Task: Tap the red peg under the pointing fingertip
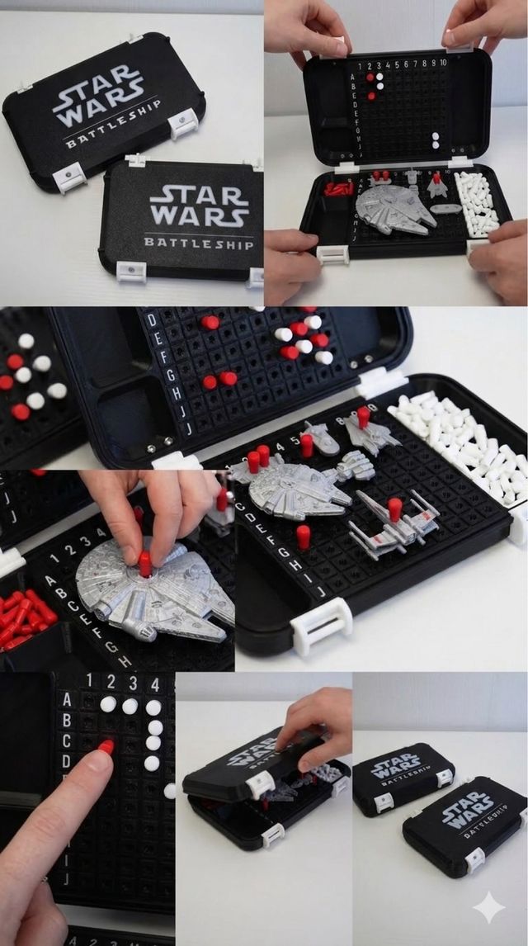[106, 746]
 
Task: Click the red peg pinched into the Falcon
[145, 564]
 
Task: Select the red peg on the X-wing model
[395, 509]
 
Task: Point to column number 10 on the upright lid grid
[443, 63]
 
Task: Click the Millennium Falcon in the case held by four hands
[394, 208]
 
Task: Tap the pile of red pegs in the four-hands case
[338, 188]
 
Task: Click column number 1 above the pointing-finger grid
[89, 682]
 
